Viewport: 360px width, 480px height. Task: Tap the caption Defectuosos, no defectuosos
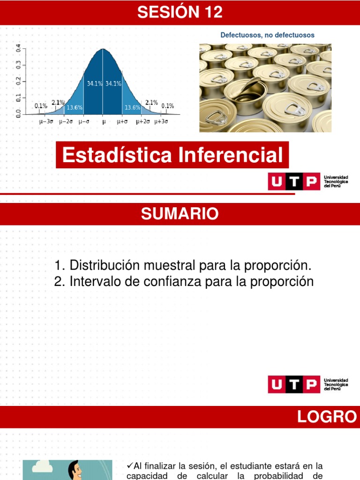tap(267, 35)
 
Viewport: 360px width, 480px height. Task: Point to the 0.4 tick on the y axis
tap(19, 48)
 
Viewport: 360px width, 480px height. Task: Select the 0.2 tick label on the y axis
tap(19, 81)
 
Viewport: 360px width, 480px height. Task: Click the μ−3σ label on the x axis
tap(46, 121)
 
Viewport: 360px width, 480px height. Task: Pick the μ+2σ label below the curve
tap(143, 121)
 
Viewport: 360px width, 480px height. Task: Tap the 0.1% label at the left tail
tap(41, 106)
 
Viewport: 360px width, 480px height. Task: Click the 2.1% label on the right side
tap(151, 102)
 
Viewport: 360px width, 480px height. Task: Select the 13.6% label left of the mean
tap(75, 107)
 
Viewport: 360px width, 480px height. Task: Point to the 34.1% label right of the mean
tap(113, 83)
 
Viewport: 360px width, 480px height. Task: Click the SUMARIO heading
tap(180, 214)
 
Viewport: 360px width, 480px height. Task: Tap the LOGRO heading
tap(327, 417)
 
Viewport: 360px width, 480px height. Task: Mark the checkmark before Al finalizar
tap(130, 465)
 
